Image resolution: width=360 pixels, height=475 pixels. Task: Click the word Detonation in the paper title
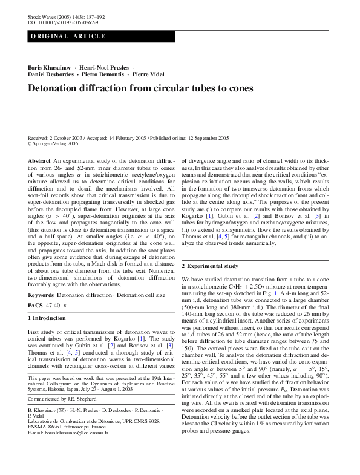(57, 88)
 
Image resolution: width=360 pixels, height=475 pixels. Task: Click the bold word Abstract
(39, 160)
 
